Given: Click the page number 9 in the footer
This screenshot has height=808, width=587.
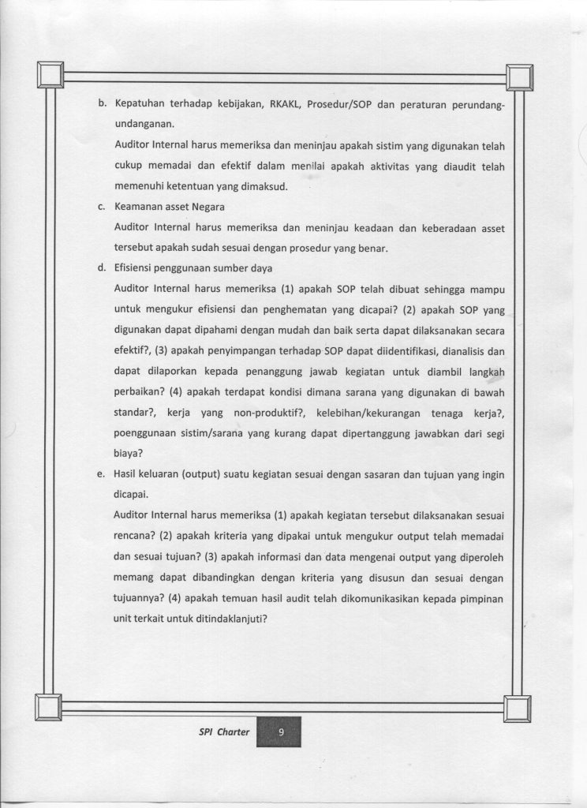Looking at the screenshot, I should pyautogui.click(x=279, y=731).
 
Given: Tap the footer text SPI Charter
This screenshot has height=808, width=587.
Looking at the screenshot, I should pyautogui.click(x=224, y=731).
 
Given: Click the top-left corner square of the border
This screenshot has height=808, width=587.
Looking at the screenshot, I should pyautogui.click(x=50, y=76).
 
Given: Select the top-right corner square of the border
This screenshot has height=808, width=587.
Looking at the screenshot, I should pyautogui.click(x=519, y=77).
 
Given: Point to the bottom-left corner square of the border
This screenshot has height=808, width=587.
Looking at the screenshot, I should pyautogui.click(x=48, y=706).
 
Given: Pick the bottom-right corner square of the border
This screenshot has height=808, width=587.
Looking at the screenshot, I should pyautogui.click(x=518, y=709).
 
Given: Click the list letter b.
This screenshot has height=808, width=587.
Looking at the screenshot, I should pyautogui.click(x=102, y=104).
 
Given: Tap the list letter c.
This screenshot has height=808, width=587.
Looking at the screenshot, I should pyautogui.click(x=102, y=208).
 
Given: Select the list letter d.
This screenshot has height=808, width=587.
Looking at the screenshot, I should pyautogui.click(x=102, y=267).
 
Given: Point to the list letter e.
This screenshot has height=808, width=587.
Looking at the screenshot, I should pyautogui.click(x=102, y=474).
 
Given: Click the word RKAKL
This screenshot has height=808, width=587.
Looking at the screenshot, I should pyautogui.click(x=274, y=104).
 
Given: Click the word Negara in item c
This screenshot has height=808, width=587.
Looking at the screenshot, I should pyautogui.click(x=204, y=208).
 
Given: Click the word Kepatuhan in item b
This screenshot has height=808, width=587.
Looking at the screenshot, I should pyautogui.click(x=140, y=104).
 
